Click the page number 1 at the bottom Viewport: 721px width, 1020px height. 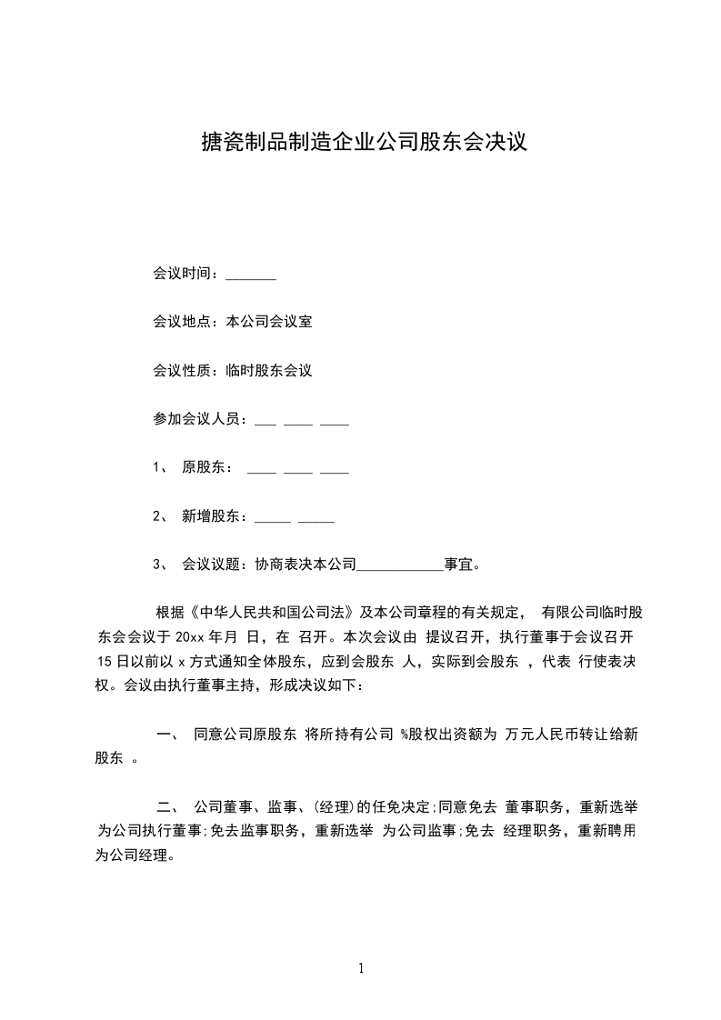tap(361, 968)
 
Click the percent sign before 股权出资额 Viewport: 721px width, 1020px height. tap(405, 735)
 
